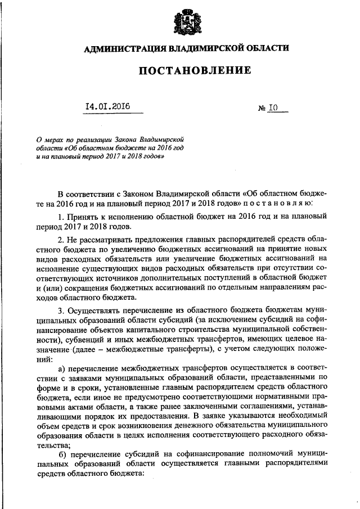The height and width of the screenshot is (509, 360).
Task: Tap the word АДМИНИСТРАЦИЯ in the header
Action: click(x=120, y=49)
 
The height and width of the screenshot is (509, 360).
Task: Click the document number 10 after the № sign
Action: click(x=273, y=107)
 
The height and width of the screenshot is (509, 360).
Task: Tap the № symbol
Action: click(x=262, y=107)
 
